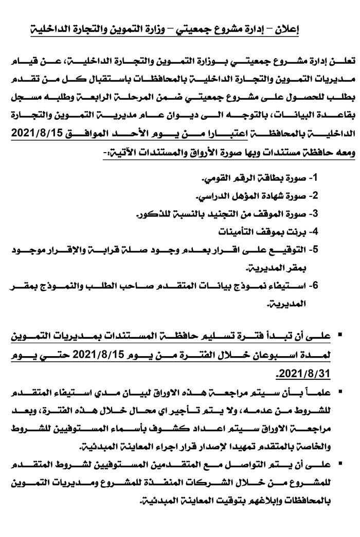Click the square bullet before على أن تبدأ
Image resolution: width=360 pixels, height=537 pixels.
pyautogui.click(x=340, y=337)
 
